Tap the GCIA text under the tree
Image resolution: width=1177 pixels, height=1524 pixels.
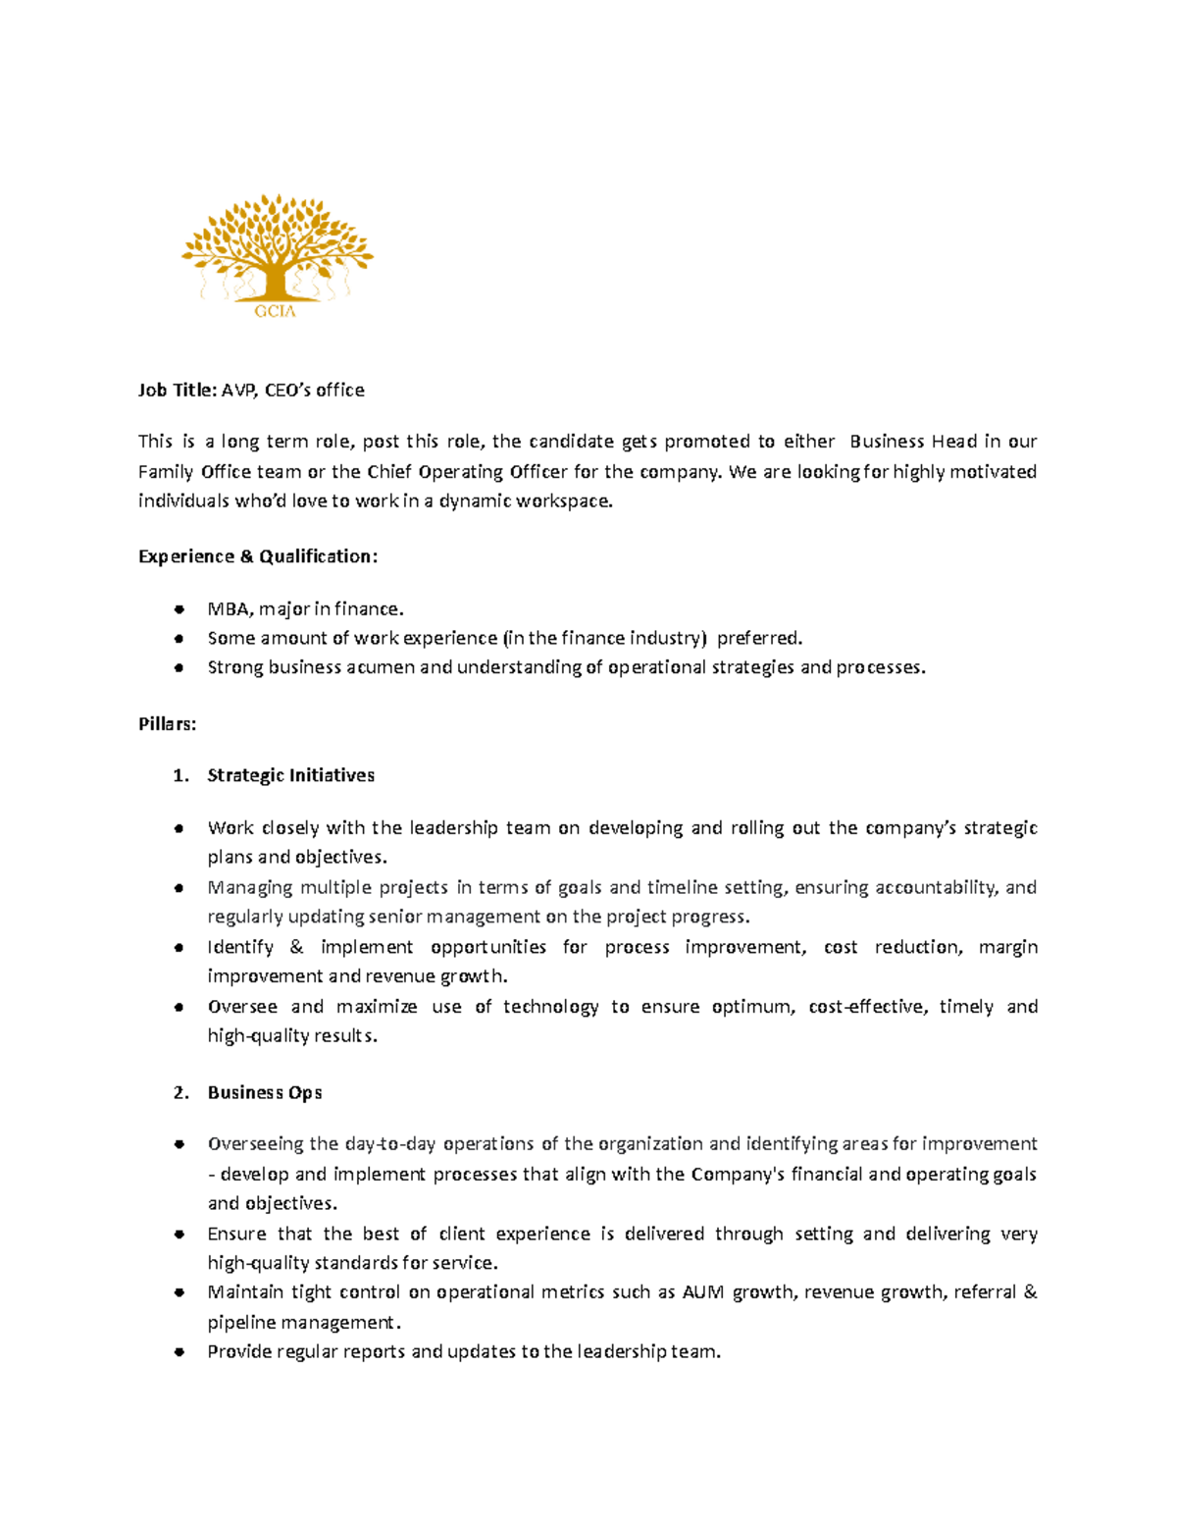(x=275, y=311)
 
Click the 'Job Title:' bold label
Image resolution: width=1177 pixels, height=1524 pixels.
(x=177, y=391)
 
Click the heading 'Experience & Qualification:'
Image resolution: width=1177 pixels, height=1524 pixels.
(x=257, y=556)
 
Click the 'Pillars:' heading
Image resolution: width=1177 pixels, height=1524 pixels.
(x=167, y=724)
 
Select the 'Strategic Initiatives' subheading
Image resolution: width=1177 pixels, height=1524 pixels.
(x=290, y=775)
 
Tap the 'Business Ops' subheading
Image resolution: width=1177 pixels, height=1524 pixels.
(x=265, y=1092)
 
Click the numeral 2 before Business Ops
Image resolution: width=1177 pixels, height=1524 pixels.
(x=179, y=1092)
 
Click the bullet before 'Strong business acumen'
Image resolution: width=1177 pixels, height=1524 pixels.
(x=179, y=667)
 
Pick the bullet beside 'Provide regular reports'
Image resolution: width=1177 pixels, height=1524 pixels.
(x=179, y=1351)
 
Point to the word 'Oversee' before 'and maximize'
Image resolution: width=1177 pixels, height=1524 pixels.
(x=242, y=1007)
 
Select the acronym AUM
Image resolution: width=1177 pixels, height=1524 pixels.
(x=702, y=1292)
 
